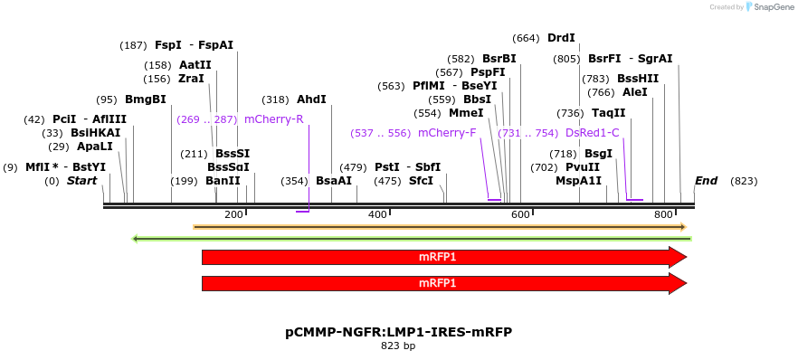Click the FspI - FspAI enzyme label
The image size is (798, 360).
point(194,44)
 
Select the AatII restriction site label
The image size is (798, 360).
point(195,65)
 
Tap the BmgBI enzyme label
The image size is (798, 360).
point(145,99)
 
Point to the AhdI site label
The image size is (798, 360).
point(311,99)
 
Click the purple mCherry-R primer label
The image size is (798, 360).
point(273,119)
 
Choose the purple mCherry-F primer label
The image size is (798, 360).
point(447,133)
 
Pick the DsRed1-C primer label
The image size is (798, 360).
point(593,133)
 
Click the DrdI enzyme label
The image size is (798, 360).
point(561,38)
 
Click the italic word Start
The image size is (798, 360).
point(81,181)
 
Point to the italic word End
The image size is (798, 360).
point(706,181)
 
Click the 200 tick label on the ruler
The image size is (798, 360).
point(233,214)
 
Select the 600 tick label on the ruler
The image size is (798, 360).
point(520,214)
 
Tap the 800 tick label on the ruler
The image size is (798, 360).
point(663,214)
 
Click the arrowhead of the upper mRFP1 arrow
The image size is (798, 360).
point(678,257)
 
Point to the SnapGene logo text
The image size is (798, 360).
point(770,7)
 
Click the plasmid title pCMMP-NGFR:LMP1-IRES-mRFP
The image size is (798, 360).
point(398,332)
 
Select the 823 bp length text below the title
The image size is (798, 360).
point(398,346)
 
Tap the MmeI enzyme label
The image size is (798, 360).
point(466,113)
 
